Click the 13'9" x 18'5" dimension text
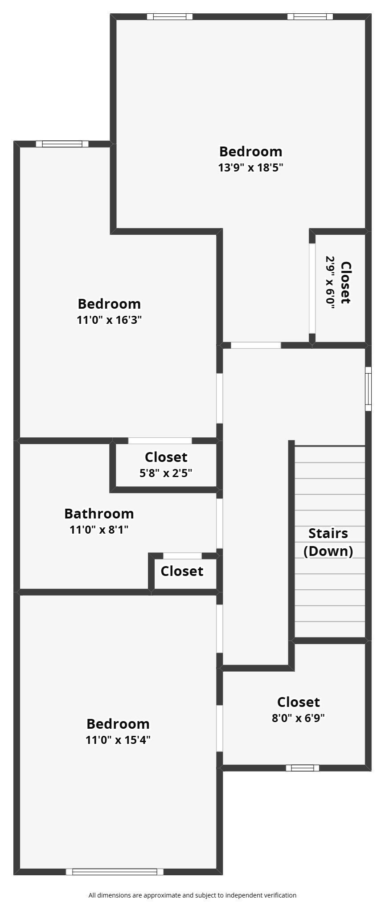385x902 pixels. click(x=250, y=168)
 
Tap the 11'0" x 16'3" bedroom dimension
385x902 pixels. click(x=109, y=320)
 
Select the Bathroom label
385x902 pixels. click(x=99, y=514)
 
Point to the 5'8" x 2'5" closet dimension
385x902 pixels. click(x=166, y=473)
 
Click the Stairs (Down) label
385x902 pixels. click(x=328, y=542)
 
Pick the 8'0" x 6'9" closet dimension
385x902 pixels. click(x=298, y=718)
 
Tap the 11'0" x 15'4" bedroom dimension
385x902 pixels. click(x=118, y=740)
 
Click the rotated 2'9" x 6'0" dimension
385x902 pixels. click(x=330, y=282)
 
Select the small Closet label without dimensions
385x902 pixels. click(x=182, y=571)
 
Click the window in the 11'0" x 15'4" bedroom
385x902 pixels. click(x=115, y=872)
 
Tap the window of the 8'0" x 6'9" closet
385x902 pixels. click(x=302, y=767)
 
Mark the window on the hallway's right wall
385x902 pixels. click(x=368, y=388)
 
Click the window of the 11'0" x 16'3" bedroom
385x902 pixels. click(x=62, y=144)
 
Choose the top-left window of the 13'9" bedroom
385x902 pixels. click(x=170, y=17)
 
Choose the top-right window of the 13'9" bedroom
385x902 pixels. click(x=310, y=17)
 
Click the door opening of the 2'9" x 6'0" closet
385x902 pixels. click(x=312, y=288)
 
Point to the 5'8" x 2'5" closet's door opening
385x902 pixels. click(x=160, y=441)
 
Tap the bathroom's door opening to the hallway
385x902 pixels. click(x=219, y=523)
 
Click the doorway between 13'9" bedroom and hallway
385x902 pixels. click(x=256, y=345)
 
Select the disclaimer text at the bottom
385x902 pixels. click(x=192, y=895)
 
